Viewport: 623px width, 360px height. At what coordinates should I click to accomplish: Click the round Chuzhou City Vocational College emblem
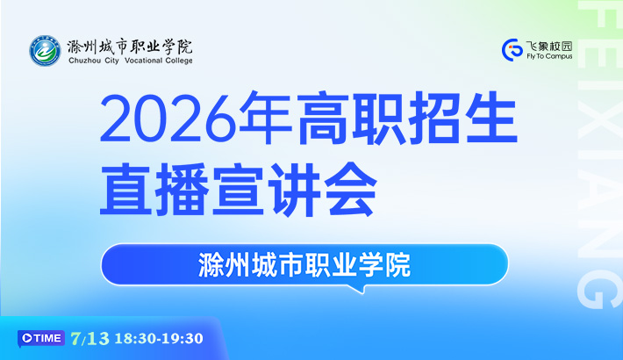pos(45,51)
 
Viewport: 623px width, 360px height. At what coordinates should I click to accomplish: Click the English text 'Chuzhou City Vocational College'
pos(131,61)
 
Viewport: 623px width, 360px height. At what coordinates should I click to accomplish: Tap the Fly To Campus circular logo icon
pos(512,50)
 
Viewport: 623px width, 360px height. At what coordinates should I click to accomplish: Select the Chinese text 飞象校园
pos(549,47)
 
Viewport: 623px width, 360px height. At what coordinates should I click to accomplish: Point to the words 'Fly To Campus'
pos(549,56)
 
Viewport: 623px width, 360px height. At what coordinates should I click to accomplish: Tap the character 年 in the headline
pos(265,118)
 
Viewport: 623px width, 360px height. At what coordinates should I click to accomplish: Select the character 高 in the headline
pos(322,118)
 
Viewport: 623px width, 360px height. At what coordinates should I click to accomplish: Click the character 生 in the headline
pos(491,118)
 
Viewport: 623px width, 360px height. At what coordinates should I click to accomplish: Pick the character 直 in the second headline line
pos(125,190)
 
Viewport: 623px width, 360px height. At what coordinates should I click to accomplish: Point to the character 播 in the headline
pos(182,190)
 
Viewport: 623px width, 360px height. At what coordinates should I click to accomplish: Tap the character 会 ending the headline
pos(350,190)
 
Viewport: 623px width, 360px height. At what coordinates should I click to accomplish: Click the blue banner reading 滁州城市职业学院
pos(304,264)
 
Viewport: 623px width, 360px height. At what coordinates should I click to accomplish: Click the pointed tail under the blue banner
pos(360,289)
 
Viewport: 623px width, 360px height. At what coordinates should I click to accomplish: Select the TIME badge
pos(41,339)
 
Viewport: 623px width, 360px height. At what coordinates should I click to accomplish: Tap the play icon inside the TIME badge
pos(27,338)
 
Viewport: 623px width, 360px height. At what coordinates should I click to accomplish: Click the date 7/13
pos(90,339)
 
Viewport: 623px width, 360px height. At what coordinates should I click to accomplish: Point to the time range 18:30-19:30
pos(159,339)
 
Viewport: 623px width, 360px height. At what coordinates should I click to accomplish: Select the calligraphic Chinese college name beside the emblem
pos(130,47)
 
